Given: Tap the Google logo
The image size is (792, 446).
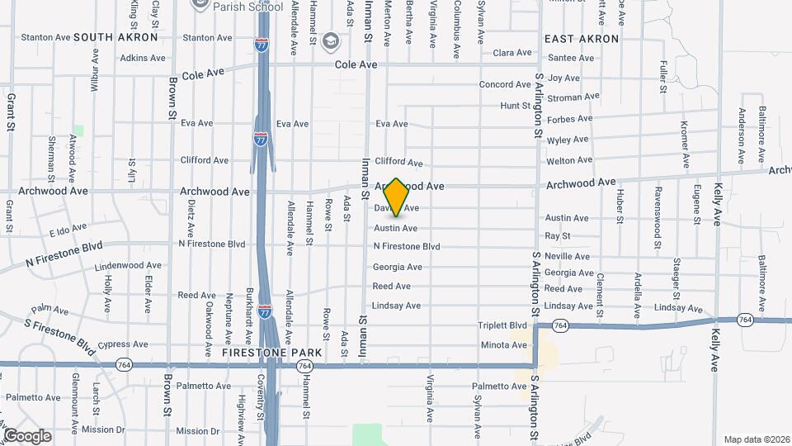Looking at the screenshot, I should [x=27, y=435].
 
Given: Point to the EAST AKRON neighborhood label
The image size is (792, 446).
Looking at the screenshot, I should [x=582, y=39].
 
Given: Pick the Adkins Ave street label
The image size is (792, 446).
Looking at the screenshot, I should [x=143, y=58].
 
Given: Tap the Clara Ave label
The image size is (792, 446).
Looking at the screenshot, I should [x=512, y=53].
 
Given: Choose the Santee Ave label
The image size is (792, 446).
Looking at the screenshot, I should [x=571, y=58].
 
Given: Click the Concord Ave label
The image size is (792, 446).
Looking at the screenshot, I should [x=508, y=84].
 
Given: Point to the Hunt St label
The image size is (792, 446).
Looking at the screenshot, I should [x=515, y=106].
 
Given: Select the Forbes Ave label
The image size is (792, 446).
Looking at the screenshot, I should [x=569, y=118].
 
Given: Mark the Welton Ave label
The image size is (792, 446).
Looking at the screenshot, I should [x=569, y=160].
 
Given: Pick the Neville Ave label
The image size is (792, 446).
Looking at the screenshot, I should [x=568, y=256].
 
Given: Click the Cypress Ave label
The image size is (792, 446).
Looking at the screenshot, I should [x=122, y=344].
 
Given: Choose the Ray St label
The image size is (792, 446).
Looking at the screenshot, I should [x=558, y=236].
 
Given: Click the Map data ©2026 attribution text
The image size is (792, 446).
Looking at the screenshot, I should [x=755, y=439].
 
